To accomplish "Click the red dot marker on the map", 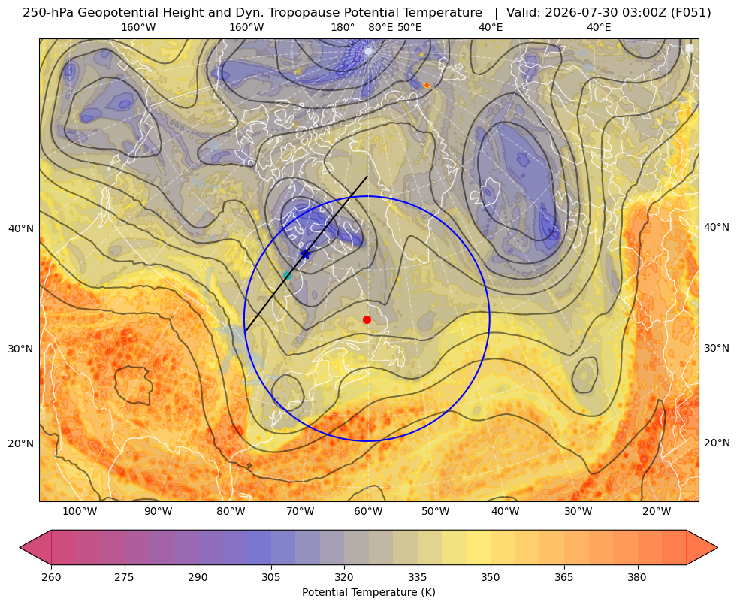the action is click(367, 319).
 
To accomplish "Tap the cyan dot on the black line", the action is click(287, 276).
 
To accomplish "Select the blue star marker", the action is click(306, 254).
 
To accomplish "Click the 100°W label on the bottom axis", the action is click(80, 512).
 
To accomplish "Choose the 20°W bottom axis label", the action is click(657, 512).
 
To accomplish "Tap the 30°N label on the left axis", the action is click(21, 349).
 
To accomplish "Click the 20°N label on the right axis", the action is click(717, 443).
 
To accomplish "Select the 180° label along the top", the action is click(343, 27).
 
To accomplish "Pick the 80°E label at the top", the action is click(381, 27).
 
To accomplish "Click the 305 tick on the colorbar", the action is click(270, 577).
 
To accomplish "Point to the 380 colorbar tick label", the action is click(637, 577).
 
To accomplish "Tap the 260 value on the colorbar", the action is click(51, 577).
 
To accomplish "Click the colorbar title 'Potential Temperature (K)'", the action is click(368, 592).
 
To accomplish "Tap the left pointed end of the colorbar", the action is click(20, 547).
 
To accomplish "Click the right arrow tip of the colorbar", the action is click(717, 547).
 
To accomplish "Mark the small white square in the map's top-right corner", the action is click(690, 48).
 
